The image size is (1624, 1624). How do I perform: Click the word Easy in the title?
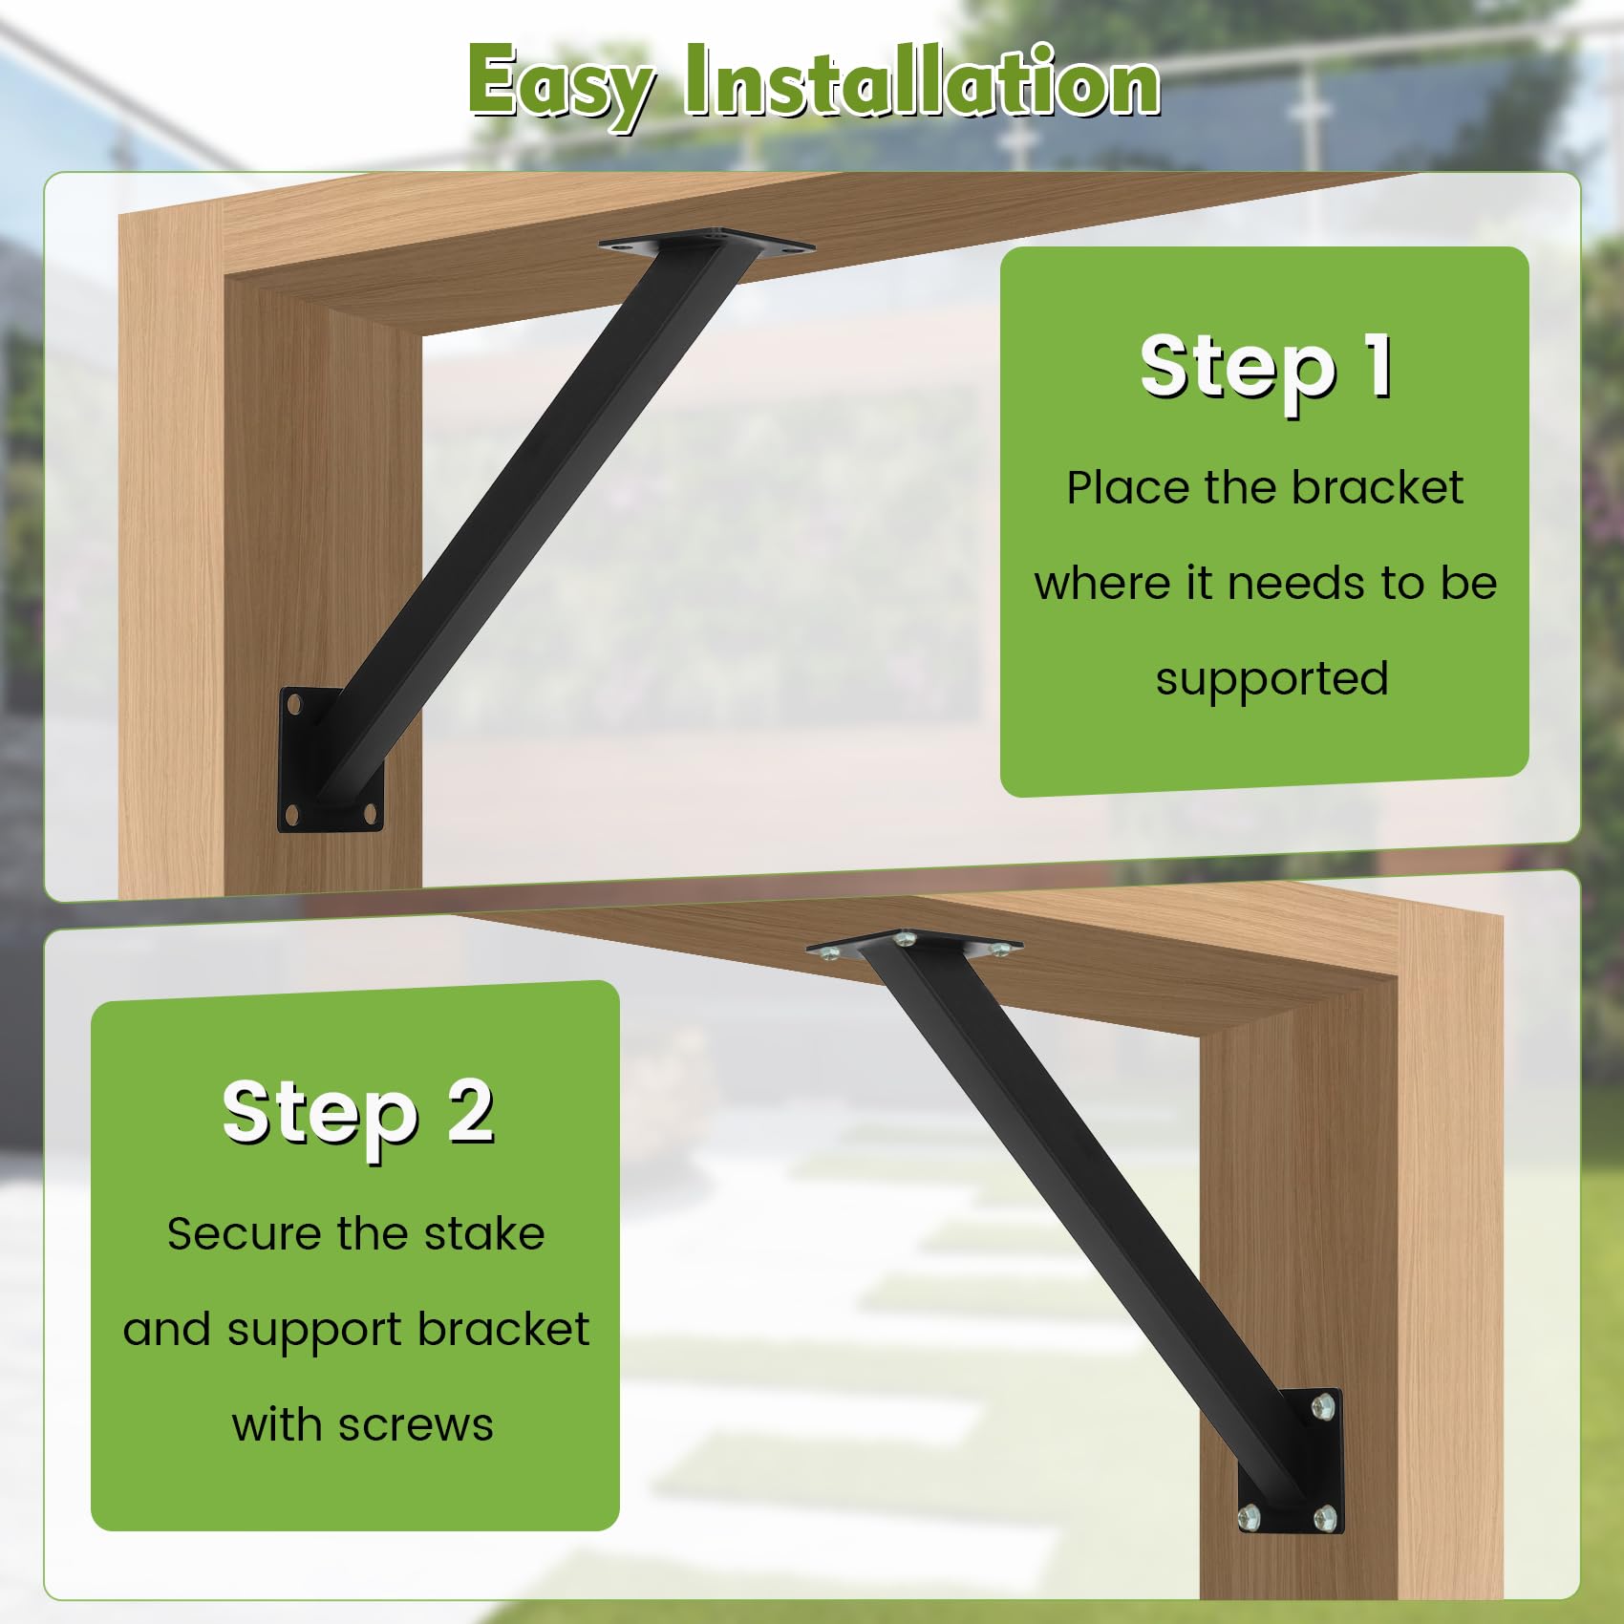click(x=562, y=84)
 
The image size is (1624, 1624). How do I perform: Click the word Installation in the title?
click(x=922, y=84)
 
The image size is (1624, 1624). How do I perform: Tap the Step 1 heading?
click(x=1266, y=368)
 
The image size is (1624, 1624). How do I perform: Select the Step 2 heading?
click(x=358, y=1111)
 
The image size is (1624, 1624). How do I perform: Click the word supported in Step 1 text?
click(x=1271, y=679)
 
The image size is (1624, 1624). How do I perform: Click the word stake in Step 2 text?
click(x=484, y=1233)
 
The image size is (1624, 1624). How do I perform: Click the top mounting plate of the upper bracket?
click(x=708, y=245)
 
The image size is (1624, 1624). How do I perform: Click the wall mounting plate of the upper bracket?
click(x=330, y=759)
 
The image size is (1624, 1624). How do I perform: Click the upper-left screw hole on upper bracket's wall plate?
click(x=294, y=703)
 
